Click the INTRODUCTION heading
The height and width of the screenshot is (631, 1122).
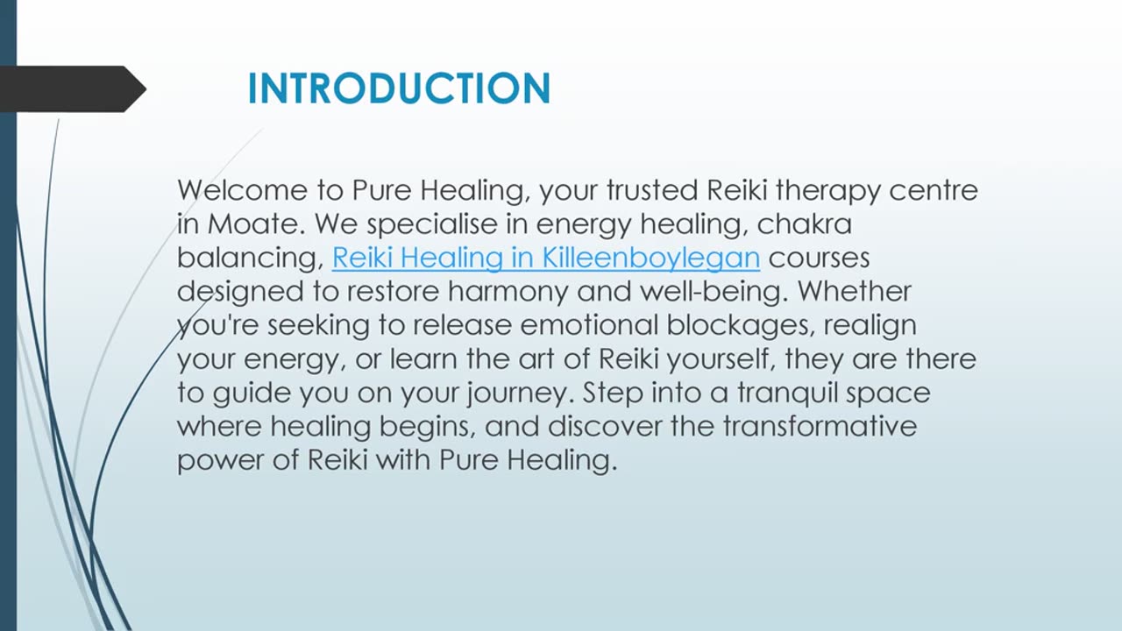[x=399, y=89]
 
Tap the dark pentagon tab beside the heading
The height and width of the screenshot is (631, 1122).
[x=70, y=89]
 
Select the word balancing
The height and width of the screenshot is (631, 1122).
[x=249, y=259]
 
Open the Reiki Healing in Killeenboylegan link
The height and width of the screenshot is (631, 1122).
[x=545, y=258]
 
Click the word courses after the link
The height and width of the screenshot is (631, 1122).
[x=819, y=258]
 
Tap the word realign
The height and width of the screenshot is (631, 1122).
[x=870, y=325]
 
